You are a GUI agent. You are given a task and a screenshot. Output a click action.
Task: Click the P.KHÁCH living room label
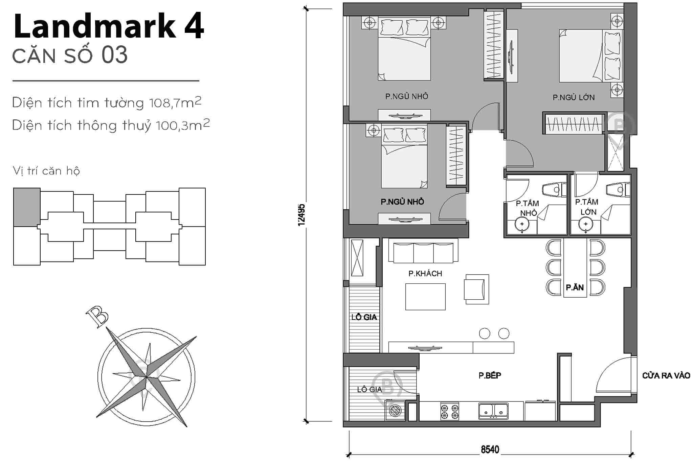[425, 273]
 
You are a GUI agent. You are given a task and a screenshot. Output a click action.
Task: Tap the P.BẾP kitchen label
[490, 375]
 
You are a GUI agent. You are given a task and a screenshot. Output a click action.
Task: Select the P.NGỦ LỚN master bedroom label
[574, 97]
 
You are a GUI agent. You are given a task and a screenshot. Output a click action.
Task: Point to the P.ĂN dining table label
[575, 287]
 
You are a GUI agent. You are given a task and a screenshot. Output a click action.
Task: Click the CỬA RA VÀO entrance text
[666, 375]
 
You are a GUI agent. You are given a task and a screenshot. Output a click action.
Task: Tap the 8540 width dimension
[490, 449]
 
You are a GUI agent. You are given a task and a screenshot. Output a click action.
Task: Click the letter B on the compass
[97, 317]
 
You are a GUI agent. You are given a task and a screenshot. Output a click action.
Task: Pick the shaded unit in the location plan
[27, 207]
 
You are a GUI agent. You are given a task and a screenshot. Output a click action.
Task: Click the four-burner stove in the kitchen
[449, 411]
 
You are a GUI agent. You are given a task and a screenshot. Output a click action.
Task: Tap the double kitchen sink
[493, 411]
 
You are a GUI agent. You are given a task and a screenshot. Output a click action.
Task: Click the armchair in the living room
[476, 289]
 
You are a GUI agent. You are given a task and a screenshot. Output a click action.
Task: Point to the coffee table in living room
[425, 297]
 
